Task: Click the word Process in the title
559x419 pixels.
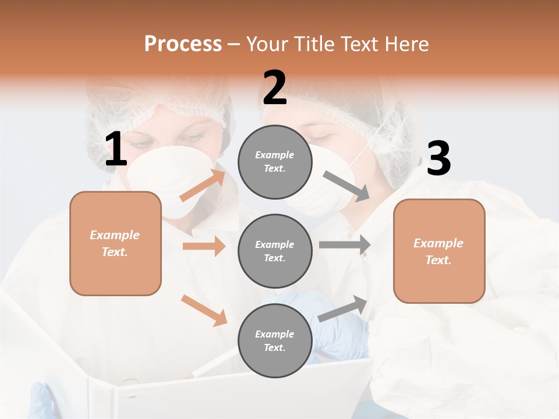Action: [183, 44]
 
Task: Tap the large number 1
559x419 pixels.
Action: [116, 150]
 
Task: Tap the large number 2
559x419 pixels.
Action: [275, 88]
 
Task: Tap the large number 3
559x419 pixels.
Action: [438, 159]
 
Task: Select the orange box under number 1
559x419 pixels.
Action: [115, 243]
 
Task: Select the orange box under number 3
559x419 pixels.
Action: [439, 251]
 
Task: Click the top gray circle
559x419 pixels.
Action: [275, 162]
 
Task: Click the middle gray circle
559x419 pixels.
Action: [275, 251]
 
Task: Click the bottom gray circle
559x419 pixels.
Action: [275, 340]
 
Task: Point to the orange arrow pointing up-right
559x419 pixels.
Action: [203, 185]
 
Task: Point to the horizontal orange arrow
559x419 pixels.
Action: [204, 246]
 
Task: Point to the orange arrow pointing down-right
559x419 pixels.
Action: [204, 310]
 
